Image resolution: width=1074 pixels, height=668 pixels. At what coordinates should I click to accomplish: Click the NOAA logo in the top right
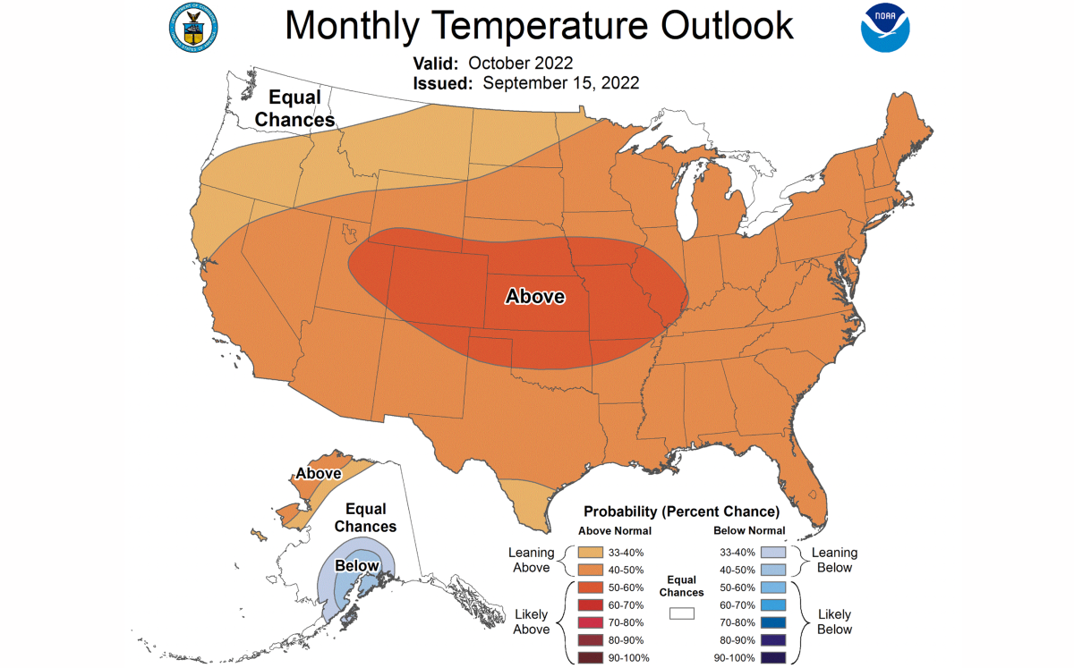885,28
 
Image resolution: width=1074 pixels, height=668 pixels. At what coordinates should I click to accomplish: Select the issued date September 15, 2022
560,83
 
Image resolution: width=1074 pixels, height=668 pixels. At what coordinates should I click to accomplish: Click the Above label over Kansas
535,296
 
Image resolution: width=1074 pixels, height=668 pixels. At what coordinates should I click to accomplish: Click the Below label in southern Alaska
357,566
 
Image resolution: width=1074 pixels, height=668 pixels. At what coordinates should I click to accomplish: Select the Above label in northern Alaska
318,473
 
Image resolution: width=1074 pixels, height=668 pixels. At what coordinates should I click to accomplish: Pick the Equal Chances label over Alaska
365,517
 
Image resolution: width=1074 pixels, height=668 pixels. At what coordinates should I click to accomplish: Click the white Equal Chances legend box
681,613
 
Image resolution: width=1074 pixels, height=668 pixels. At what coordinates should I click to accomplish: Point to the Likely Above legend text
531,622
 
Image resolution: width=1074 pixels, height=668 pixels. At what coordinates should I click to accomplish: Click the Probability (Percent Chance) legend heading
681,512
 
